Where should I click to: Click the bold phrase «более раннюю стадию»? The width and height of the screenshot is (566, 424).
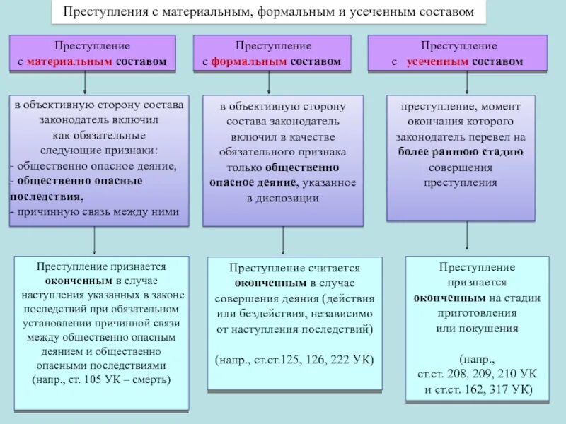pyautogui.click(x=461, y=151)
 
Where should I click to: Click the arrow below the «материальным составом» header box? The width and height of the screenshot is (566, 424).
pyautogui.click(x=85, y=82)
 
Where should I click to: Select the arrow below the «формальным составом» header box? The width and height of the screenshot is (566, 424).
pyautogui.click(x=269, y=82)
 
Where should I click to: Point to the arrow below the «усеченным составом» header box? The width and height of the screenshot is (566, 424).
pyautogui.click(x=467, y=82)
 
